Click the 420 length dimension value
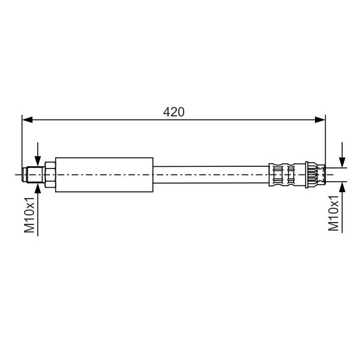point(173,112)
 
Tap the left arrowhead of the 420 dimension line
point(28,119)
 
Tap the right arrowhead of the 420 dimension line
point(320,119)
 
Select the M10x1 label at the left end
point(29,215)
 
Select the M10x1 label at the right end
point(334,213)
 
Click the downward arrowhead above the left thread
point(38,161)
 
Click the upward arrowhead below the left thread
point(38,188)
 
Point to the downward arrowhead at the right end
point(342,163)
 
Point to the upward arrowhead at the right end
point(342,187)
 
